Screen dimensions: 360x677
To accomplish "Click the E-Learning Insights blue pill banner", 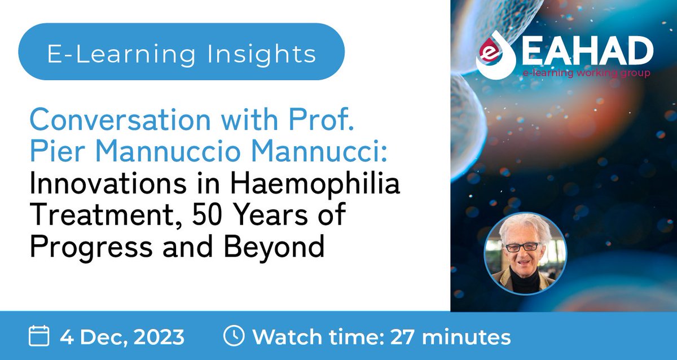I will click(181, 55).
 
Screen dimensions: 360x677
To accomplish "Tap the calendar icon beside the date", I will click(39, 337).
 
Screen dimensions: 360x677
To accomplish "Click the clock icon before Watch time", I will click(234, 336).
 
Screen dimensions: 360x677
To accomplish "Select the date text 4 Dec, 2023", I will click(122, 337).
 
